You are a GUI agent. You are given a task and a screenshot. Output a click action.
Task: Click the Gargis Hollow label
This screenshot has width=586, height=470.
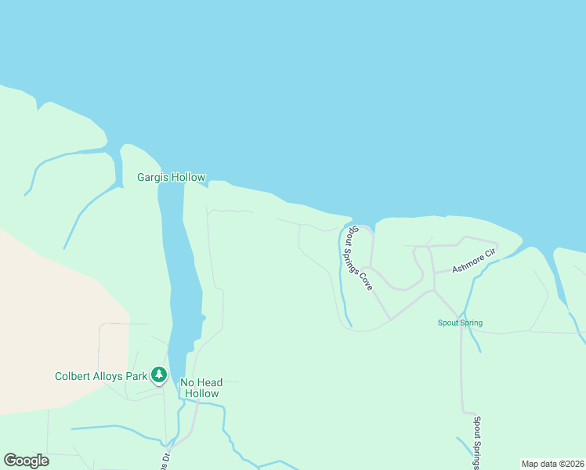click(171, 177)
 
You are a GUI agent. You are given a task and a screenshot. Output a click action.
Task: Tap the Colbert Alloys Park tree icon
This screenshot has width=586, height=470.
click(159, 376)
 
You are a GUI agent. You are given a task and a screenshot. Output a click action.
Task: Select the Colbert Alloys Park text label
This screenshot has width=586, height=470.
click(101, 376)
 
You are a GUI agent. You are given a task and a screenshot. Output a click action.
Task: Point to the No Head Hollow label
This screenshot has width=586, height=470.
click(201, 388)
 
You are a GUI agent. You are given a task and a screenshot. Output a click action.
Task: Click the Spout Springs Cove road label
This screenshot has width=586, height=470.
click(360, 258)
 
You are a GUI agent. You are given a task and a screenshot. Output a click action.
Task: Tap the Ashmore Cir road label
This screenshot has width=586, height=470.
click(475, 262)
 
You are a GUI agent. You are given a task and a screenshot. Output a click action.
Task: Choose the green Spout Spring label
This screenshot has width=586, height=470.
click(460, 323)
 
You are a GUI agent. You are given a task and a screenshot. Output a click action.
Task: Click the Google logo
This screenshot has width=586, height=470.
click(26, 461)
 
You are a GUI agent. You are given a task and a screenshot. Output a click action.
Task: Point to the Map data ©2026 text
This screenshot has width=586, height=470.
click(552, 464)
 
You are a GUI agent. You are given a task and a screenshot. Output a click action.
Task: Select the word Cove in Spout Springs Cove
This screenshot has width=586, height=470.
click(366, 279)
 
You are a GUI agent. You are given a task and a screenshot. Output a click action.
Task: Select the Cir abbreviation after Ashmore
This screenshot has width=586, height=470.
click(491, 255)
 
